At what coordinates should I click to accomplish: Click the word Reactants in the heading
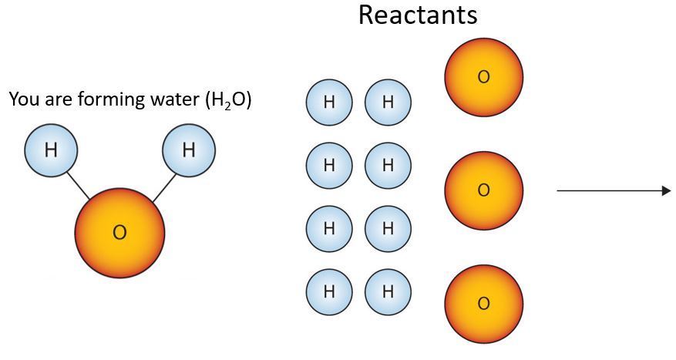pos(418,15)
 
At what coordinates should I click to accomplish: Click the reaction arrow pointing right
pos(614,190)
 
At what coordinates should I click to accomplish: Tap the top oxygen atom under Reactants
pos(483,77)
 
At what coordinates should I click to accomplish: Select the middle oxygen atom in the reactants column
pos(483,190)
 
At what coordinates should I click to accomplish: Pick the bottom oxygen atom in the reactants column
pos(483,304)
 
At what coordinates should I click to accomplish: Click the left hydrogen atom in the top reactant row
pos(329,103)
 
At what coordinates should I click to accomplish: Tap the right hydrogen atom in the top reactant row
pos(388,103)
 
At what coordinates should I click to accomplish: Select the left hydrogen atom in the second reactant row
pos(329,165)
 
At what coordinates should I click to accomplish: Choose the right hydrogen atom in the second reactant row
pos(388,165)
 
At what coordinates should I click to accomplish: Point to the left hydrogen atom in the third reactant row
pos(329,228)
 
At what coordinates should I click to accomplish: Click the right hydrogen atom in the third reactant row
pos(388,228)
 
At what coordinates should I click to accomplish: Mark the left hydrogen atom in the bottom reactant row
pos(329,291)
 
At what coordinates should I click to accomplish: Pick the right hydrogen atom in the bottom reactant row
pos(388,291)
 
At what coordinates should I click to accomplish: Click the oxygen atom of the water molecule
pos(119,232)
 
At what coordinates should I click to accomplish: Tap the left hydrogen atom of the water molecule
pos(51,150)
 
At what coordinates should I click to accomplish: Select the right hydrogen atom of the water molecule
pos(188,150)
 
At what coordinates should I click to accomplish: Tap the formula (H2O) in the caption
pos(228,101)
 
